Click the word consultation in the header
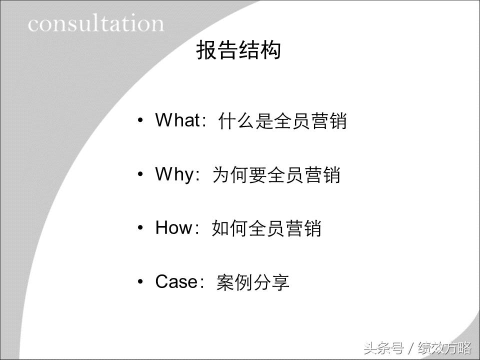[x=96, y=23]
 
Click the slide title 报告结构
[x=238, y=51]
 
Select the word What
[x=177, y=120]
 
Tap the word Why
[x=174, y=174]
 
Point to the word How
[x=174, y=228]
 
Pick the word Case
[x=176, y=282]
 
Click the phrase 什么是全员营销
[x=282, y=121]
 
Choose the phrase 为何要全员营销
[x=276, y=175]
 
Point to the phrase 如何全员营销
[x=266, y=229]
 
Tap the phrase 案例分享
[x=253, y=283]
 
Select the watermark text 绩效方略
[x=444, y=347]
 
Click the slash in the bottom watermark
[x=410, y=347]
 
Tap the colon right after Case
[x=202, y=283]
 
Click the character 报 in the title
[x=205, y=51]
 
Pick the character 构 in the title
[x=271, y=51]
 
